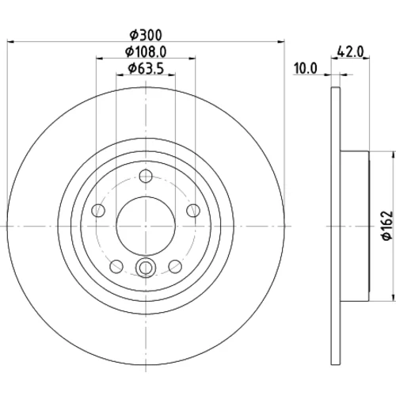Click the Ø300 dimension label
click(x=146, y=36)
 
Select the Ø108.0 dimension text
click(x=146, y=51)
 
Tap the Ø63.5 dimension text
click(x=146, y=68)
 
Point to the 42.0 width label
click(x=351, y=51)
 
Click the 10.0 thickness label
click(x=306, y=69)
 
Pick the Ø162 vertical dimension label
click(x=387, y=225)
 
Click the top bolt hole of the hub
click(x=146, y=176)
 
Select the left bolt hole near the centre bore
click(x=98, y=211)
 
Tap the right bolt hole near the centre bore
click(x=193, y=211)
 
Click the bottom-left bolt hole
click(x=116, y=266)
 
